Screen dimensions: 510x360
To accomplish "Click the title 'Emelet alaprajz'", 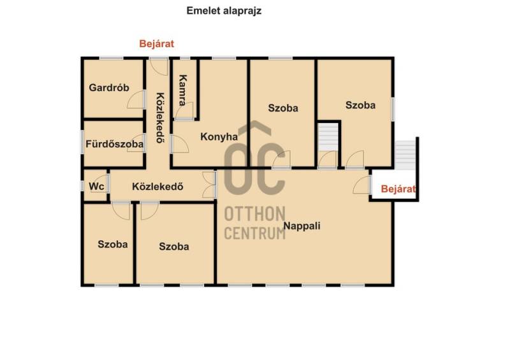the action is [224, 11].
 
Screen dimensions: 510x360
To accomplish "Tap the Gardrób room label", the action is [109, 87].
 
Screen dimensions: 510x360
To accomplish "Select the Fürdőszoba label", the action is [115, 144].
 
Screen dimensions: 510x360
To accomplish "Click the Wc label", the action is [97, 186].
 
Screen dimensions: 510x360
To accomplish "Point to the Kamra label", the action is [183, 90].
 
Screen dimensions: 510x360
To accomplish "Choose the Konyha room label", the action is [219, 136].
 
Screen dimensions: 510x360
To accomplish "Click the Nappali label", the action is [302, 226].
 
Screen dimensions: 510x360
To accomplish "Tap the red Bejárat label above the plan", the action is [156, 43].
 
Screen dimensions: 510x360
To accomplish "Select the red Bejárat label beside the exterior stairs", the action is [398, 189].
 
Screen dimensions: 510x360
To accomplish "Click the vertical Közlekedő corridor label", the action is [160, 118].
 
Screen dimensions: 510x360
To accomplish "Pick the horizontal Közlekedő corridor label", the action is [157, 187].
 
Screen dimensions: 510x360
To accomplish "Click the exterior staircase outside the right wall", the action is [405, 155].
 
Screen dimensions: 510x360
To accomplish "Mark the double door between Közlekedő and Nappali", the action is [208, 185].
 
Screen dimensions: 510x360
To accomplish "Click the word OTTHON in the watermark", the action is [254, 214].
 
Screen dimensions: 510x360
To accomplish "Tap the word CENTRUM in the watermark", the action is [254, 233].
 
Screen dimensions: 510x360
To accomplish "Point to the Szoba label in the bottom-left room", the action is [113, 244].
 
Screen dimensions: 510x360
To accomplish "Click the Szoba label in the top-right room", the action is [360, 105].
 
